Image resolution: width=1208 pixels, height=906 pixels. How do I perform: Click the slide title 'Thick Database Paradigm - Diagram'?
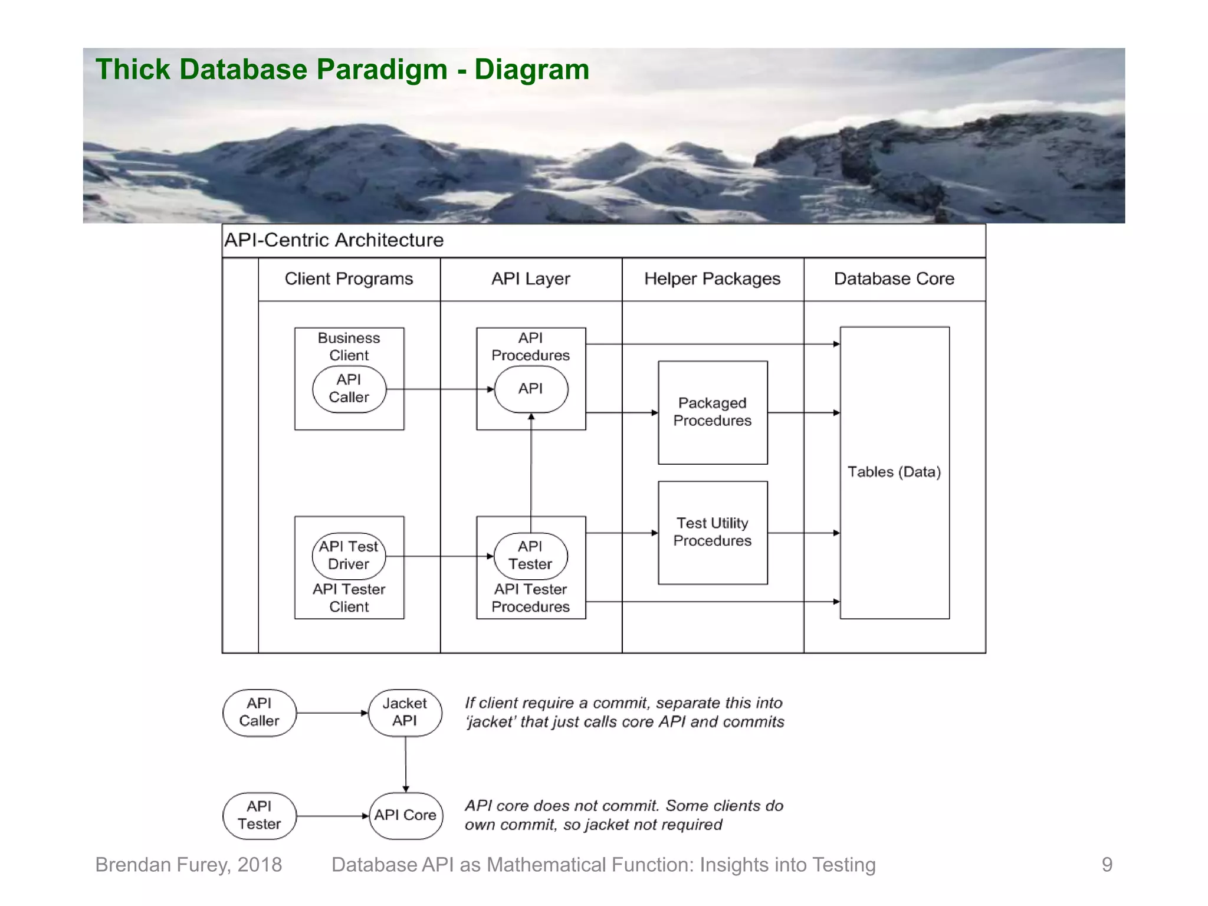pyautogui.click(x=342, y=70)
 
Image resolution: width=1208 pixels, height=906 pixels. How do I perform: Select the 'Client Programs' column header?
pyautogui.click(x=349, y=278)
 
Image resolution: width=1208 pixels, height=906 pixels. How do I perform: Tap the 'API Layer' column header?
pyautogui.click(x=530, y=278)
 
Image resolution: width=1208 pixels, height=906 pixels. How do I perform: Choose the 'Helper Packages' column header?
pyautogui.click(x=712, y=278)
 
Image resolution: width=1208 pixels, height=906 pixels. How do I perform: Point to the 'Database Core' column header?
pyautogui.click(x=894, y=278)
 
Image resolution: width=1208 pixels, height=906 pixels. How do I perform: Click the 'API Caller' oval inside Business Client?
pyautogui.click(x=349, y=389)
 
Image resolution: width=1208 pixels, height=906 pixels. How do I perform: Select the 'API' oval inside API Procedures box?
pyautogui.click(x=530, y=389)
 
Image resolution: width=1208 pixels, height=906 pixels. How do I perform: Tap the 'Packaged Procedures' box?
pyautogui.click(x=712, y=412)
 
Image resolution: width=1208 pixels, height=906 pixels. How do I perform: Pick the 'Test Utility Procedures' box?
pyautogui.click(x=712, y=532)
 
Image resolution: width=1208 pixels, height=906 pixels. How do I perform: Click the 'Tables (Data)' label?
pyautogui.click(x=894, y=472)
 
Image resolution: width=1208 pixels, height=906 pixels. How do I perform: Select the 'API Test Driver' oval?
pyautogui.click(x=349, y=556)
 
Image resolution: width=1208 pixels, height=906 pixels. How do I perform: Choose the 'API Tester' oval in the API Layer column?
pyautogui.click(x=530, y=556)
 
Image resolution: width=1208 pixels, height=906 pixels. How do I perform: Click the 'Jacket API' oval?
pyautogui.click(x=405, y=712)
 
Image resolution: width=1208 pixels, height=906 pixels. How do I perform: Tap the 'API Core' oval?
pyautogui.click(x=405, y=815)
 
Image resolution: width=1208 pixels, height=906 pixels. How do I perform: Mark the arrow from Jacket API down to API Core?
pyautogui.click(x=405, y=764)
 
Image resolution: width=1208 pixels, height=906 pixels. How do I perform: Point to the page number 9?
pyautogui.click(x=1107, y=865)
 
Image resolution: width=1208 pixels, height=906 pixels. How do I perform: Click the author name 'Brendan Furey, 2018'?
pyautogui.click(x=188, y=865)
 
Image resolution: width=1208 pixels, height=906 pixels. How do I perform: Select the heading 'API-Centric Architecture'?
pyautogui.click(x=334, y=240)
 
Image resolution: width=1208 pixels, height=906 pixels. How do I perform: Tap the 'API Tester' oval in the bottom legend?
pyautogui.click(x=259, y=815)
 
